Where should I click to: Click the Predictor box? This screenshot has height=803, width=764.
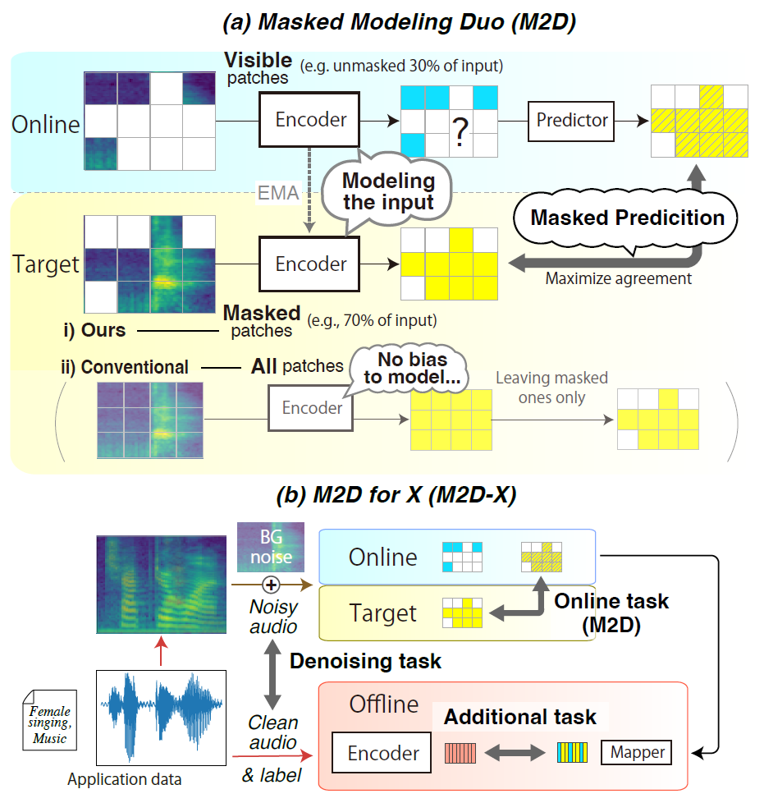(x=572, y=120)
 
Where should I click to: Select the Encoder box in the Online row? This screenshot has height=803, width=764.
(x=310, y=120)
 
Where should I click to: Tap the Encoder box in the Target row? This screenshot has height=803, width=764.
(x=310, y=264)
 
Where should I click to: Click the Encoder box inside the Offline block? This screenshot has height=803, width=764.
(x=382, y=753)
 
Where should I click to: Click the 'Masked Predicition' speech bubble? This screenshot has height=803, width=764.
(x=627, y=218)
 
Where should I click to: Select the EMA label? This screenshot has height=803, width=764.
(x=277, y=194)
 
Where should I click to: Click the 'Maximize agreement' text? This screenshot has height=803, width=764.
(x=619, y=278)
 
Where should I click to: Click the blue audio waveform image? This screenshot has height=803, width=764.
(x=160, y=717)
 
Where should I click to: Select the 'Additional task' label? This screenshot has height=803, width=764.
(x=520, y=717)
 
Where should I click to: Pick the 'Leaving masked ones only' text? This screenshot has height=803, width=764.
(x=551, y=388)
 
